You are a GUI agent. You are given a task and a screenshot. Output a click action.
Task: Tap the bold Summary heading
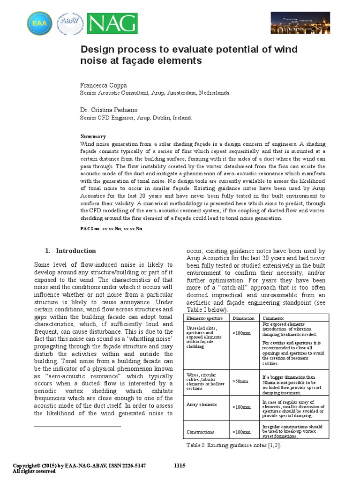pos(93,136)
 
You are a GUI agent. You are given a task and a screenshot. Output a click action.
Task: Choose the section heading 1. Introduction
pos(70,250)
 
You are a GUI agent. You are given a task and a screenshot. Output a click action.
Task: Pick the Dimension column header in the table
pos(243,318)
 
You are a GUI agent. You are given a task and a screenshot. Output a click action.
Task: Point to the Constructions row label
pos(200,432)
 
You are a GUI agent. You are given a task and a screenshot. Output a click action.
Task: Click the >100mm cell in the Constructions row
pos(241,432)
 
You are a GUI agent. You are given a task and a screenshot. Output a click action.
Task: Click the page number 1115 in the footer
pos(180,465)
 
